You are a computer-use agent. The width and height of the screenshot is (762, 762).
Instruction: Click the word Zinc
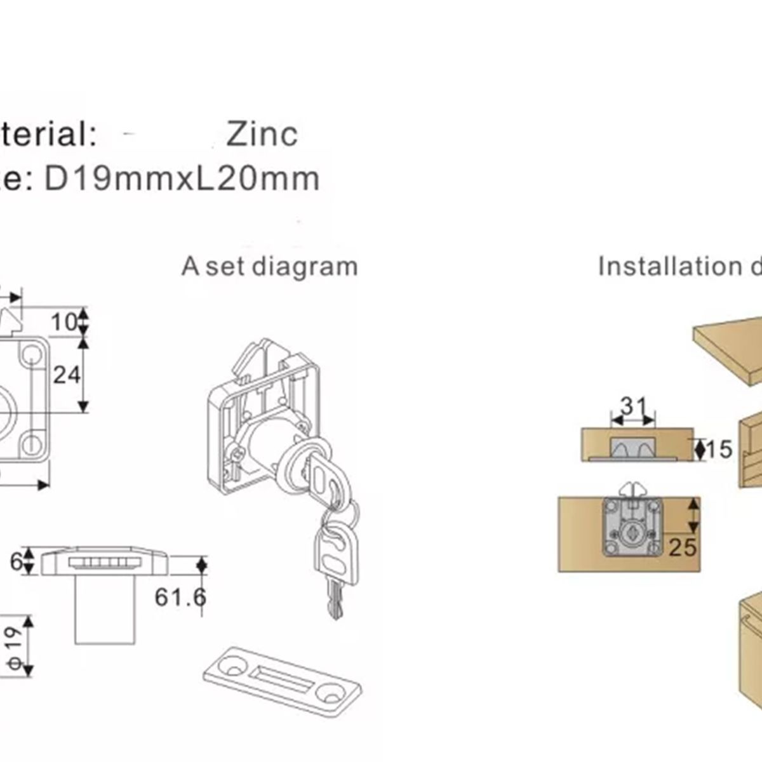point(262,134)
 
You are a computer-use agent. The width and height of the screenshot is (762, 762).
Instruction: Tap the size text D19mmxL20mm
point(182,178)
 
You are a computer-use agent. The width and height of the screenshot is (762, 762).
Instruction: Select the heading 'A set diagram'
point(269,266)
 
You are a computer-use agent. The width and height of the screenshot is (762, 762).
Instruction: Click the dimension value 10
point(64,322)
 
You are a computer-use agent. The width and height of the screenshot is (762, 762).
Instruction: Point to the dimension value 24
point(67,375)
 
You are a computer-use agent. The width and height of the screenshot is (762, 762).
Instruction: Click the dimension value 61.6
point(180,597)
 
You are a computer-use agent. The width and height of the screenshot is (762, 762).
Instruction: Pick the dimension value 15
point(718,450)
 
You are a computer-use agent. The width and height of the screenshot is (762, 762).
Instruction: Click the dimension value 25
point(683,547)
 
